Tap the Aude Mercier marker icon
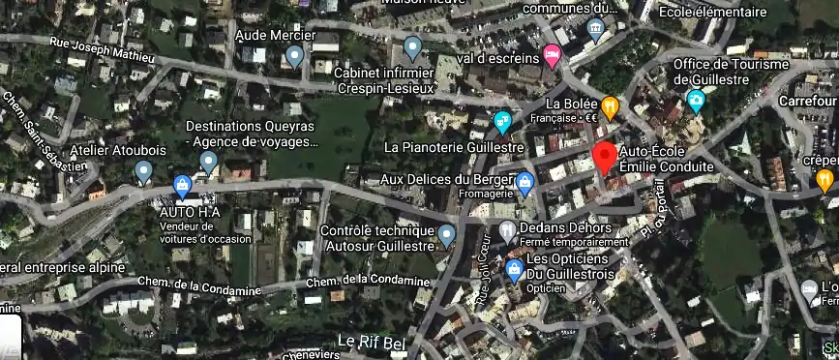(295, 56)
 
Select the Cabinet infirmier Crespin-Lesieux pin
(413, 45)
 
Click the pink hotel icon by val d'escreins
(552, 53)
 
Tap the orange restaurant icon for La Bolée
(610, 105)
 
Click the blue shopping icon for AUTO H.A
(181, 184)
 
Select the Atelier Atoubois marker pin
(144, 172)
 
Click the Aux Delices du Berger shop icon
(524, 181)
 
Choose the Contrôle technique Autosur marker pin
(446, 233)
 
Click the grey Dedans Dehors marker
(508, 230)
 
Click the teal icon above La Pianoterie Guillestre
(501, 122)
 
